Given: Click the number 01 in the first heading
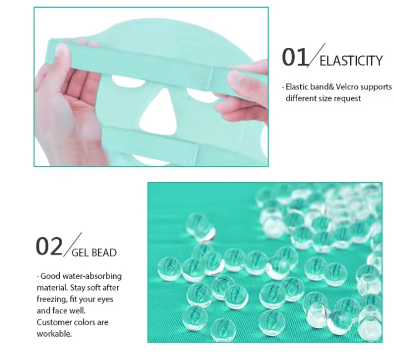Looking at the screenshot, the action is click(295, 57).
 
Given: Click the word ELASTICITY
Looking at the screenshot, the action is click(351, 61).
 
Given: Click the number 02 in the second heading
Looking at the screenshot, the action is click(49, 246).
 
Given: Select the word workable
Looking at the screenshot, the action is click(54, 334).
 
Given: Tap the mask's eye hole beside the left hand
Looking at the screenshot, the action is click(128, 81).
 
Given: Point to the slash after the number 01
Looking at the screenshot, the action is click(317, 56).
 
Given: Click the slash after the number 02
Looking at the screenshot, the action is click(72, 244).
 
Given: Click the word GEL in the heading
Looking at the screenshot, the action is click(80, 253).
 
